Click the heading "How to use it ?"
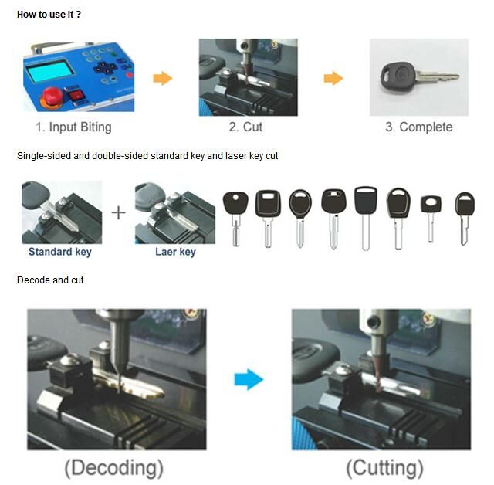(x=49, y=14)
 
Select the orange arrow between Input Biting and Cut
(x=162, y=78)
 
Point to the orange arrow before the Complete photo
(x=333, y=78)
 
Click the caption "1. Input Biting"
(x=73, y=127)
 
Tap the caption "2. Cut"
(x=246, y=127)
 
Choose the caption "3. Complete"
(x=418, y=127)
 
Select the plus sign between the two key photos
(x=118, y=212)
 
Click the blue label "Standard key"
(x=59, y=252)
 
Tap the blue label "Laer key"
(x=175, y=252)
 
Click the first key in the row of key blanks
(x=235, y=216)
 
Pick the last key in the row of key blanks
(x=464, y=215)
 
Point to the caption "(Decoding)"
(x=114, y=467)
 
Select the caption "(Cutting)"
(x=384, y=467)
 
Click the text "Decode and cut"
(x=50, y=280)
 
